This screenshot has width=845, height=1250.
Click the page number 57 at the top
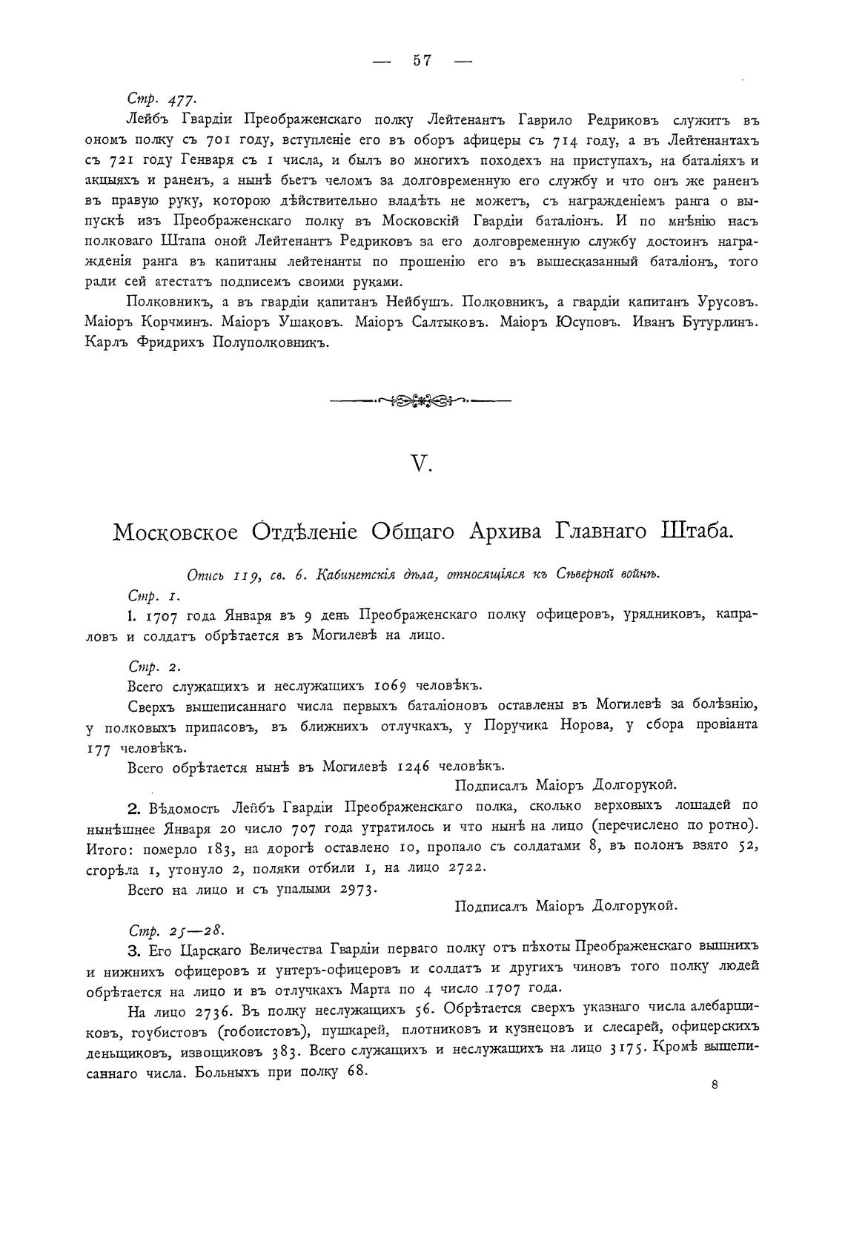point(422,61)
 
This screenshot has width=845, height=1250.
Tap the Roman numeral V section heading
point(421,464)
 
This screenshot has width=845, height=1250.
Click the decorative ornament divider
point(420,401)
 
